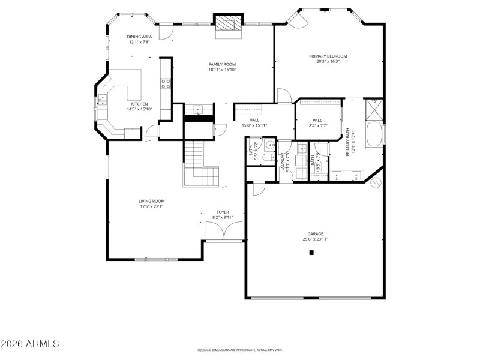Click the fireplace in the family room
[x=228, y=24]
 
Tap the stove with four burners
[x=166, y=85]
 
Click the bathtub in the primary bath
[x=373, y=134]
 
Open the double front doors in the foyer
[x=224, y=230]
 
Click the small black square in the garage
[x=311, y=253]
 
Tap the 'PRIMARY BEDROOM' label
[x=328, y=56]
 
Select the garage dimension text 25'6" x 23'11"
[x=316, y=239]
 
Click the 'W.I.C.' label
[x=319, y=120]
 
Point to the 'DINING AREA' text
[x=139, y=37]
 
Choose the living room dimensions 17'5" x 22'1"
[x=151, y=206]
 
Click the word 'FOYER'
[x=223, y=212]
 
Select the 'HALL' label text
[x=254, y=120]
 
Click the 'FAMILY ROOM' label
[x=222, y=64]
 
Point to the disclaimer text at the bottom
[x=239, y=350]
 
